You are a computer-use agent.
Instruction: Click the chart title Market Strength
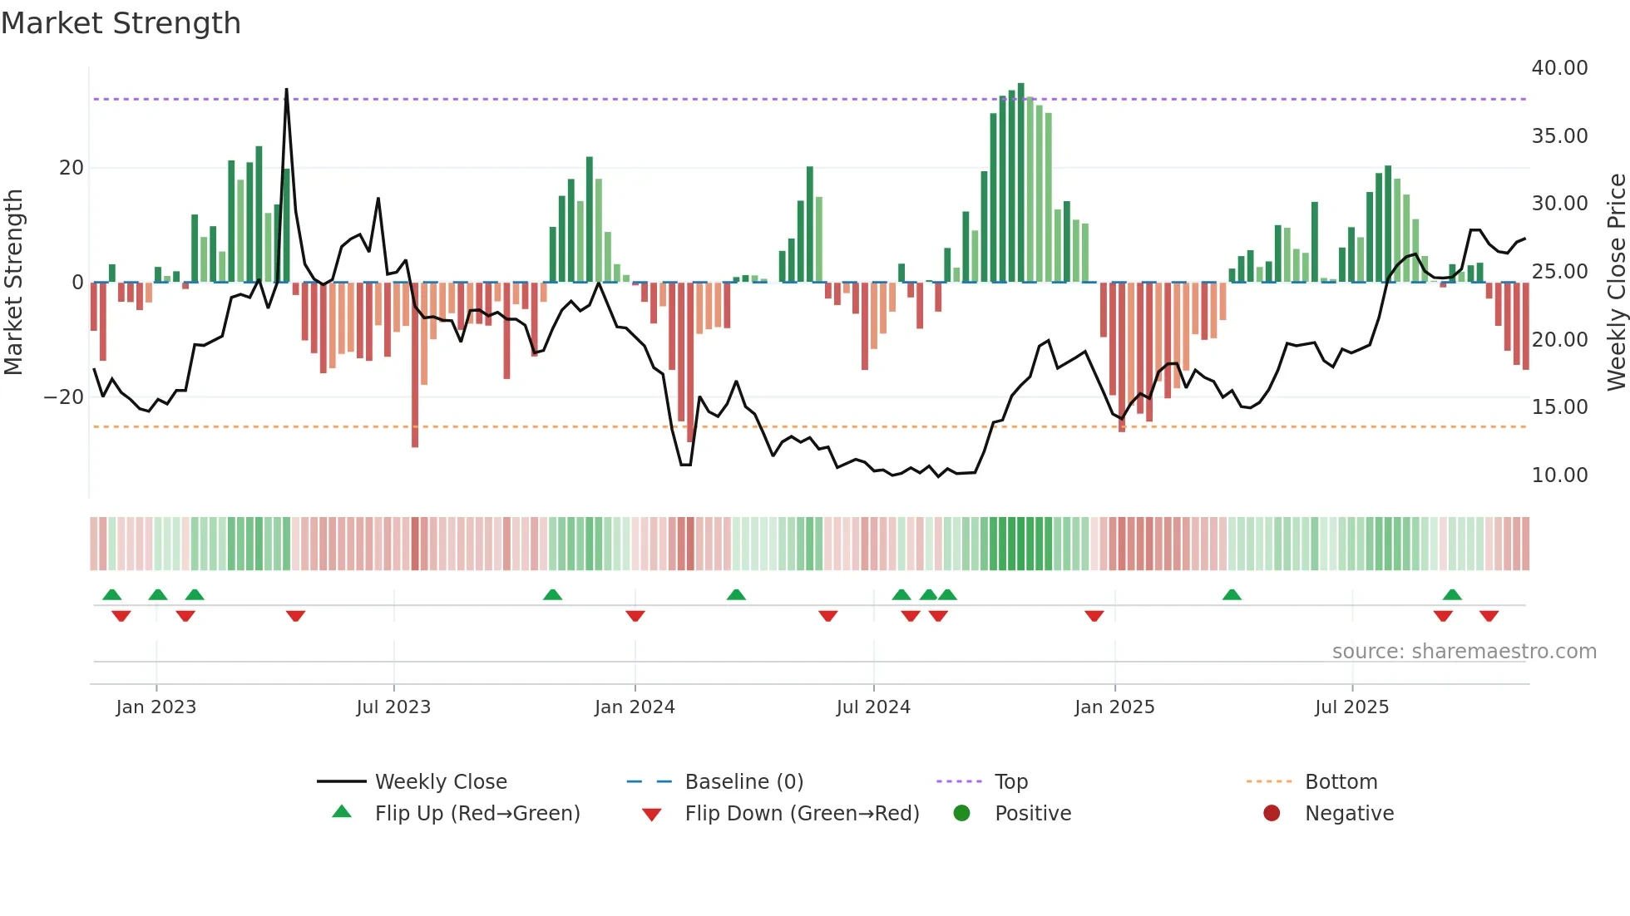[121, 23]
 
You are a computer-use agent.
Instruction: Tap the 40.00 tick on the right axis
[1559, 68]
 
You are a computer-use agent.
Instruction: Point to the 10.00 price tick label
[1559, 475]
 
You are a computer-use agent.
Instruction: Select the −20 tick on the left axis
[64, 397]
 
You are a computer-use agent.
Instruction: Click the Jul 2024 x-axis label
[873, 707]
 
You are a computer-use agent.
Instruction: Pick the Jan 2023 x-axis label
[156, 707]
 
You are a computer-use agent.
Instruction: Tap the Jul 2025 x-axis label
[1351, 707]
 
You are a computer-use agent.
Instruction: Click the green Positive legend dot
[962, 814]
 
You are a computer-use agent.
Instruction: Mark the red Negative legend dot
[1272, 814]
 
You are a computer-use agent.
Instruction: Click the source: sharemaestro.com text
[1464, 652]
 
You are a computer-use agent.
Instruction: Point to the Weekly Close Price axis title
[1616, 283]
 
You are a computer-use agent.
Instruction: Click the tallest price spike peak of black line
[287, 90]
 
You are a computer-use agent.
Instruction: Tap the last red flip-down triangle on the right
[1489, 616]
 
